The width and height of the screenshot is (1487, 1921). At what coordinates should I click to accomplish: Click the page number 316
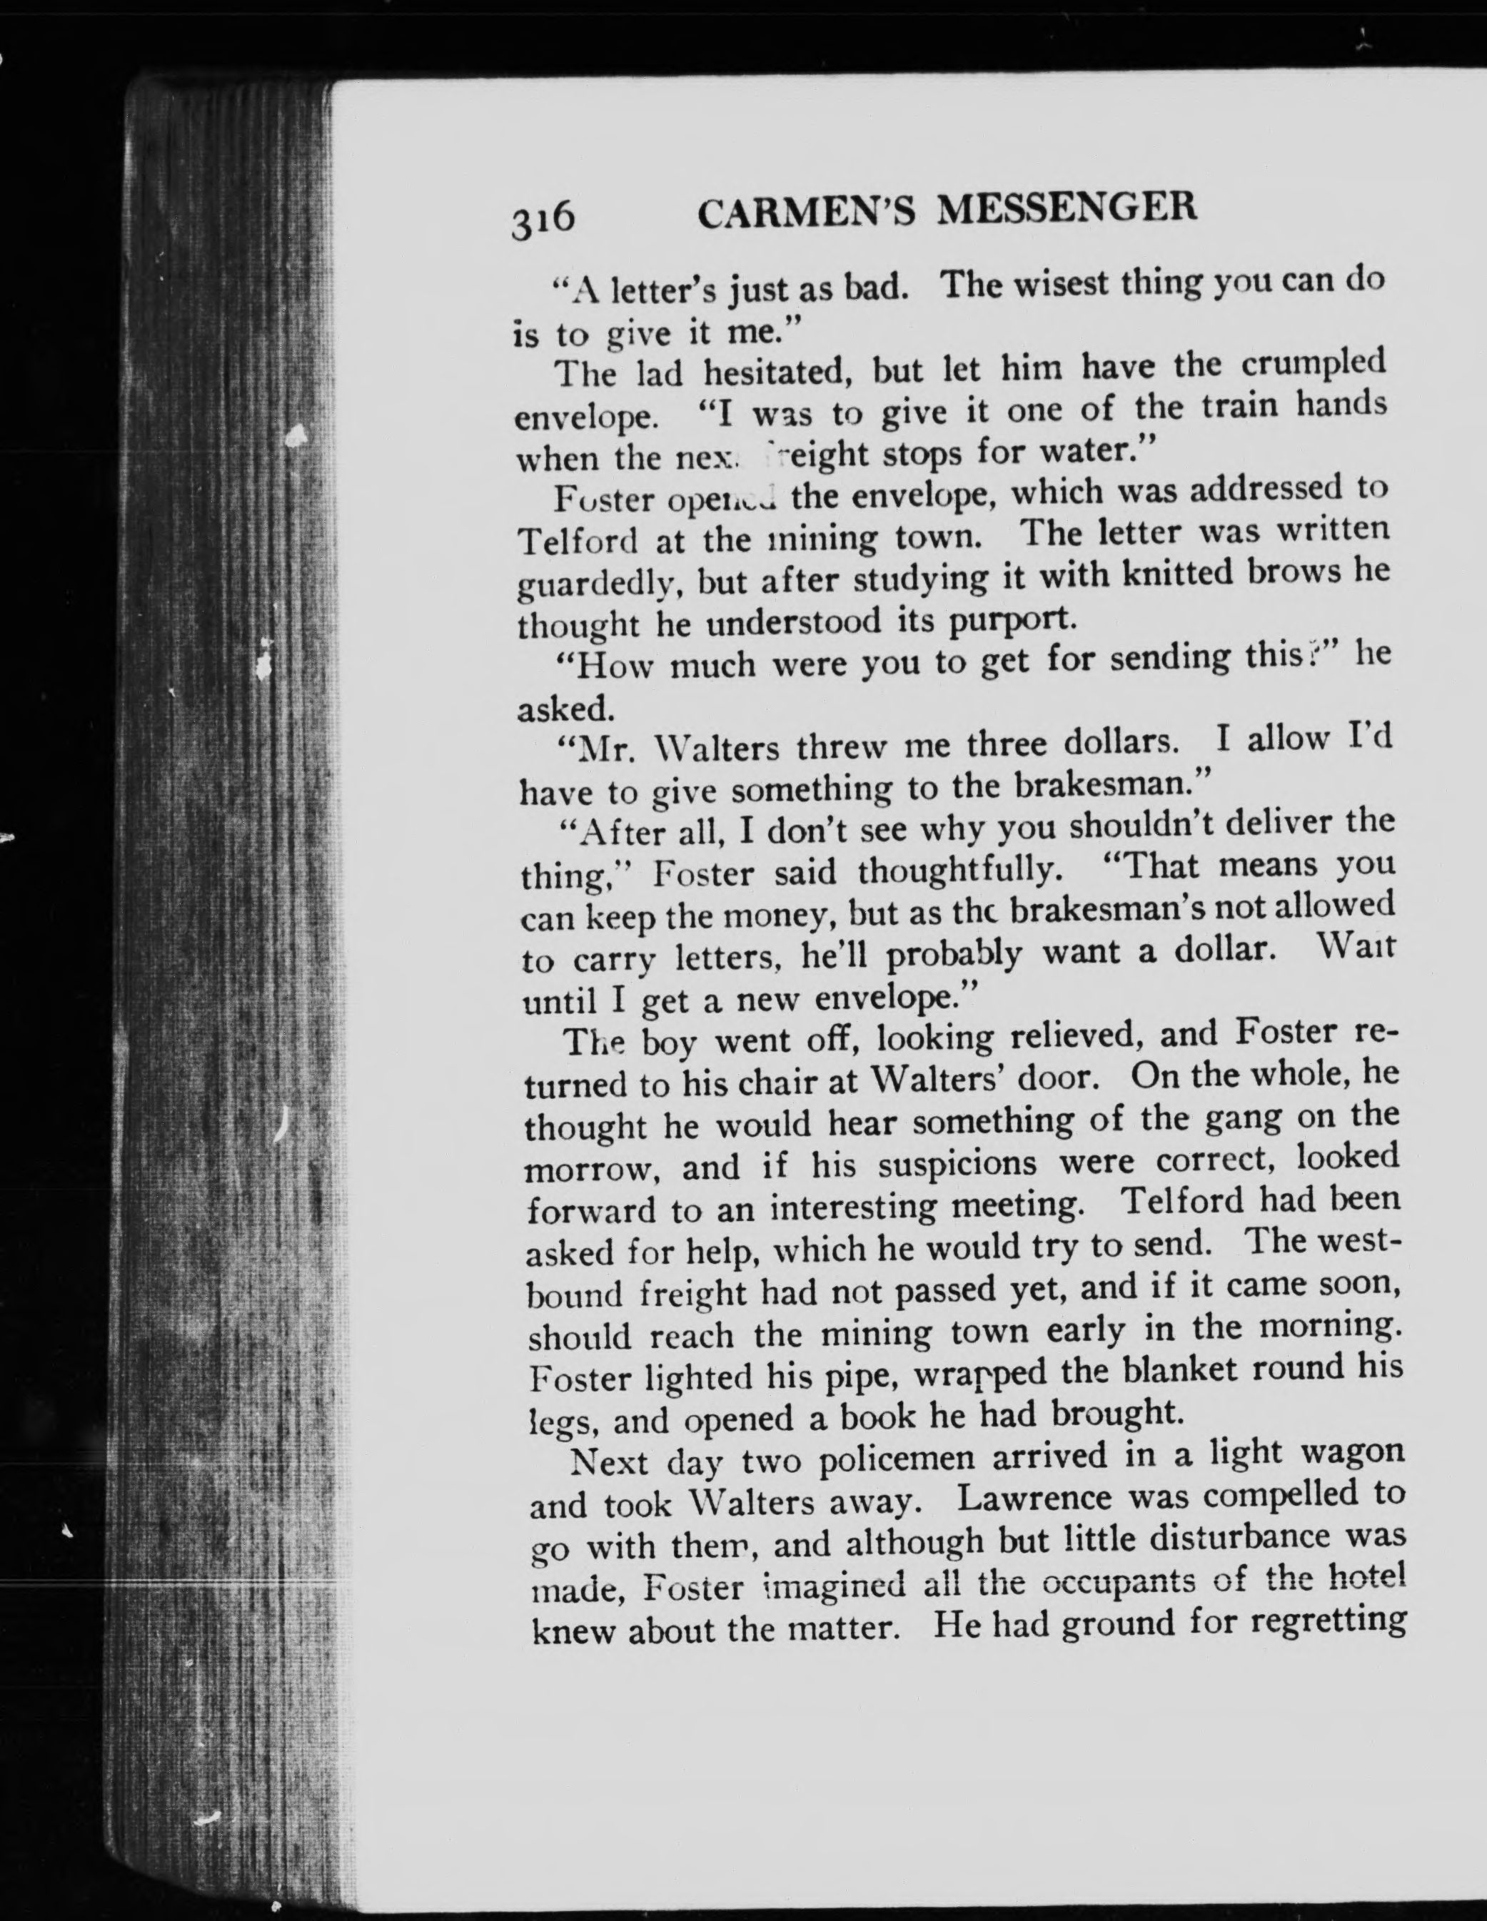click(x=543, y=217)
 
